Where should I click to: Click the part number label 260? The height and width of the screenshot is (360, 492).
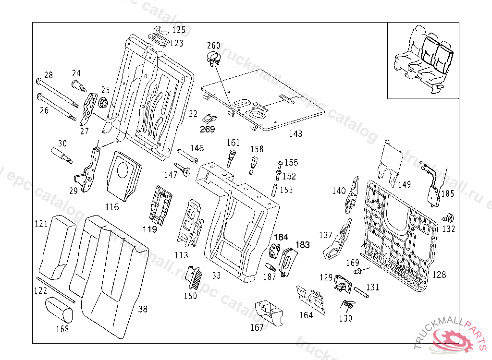click(213, 46)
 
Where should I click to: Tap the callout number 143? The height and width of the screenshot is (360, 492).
click(295, 134)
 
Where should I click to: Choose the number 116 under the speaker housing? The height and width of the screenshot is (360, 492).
click(111, 207)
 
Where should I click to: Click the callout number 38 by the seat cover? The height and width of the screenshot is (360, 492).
click(143, 309)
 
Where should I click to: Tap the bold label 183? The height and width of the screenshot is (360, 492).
click(302, 245)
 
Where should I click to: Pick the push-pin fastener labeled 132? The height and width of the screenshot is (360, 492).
click(451, 216)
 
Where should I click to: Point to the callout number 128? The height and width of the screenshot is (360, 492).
click(439, 275)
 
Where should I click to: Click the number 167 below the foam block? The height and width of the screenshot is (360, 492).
click(257, 328)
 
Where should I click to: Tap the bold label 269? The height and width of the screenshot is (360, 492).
click(208, 129)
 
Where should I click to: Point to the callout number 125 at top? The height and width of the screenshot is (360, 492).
click(178, 30)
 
